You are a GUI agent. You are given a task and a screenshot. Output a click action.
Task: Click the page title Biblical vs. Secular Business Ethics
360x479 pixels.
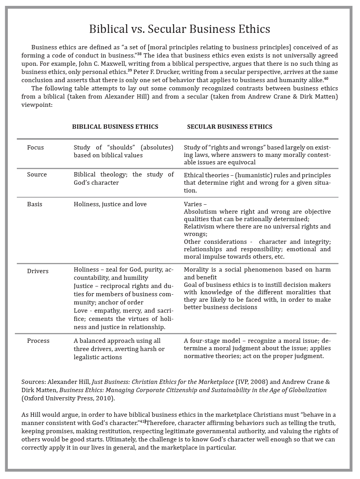(x=180, y=29)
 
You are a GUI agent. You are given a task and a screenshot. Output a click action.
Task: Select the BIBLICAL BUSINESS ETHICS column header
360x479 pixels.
(x=115, y=126)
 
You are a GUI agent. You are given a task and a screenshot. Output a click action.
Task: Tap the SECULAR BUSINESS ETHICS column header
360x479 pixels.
(x=230, y=126)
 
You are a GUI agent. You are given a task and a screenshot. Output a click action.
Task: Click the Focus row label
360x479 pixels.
(x=35, y=148)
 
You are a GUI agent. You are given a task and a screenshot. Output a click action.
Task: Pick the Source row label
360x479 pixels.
(x=37, y=175)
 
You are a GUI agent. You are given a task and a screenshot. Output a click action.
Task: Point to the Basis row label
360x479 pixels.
(x=34, y=204)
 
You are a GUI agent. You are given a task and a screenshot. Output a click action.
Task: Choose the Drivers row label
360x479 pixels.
(x=38, y=271)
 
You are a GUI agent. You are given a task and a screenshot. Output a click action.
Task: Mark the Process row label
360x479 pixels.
(x=38, y=341)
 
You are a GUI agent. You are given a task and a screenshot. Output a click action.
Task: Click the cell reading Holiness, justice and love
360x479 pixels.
(x=110, y=204)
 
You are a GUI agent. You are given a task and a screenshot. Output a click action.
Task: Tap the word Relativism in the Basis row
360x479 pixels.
(x=200, y=227)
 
